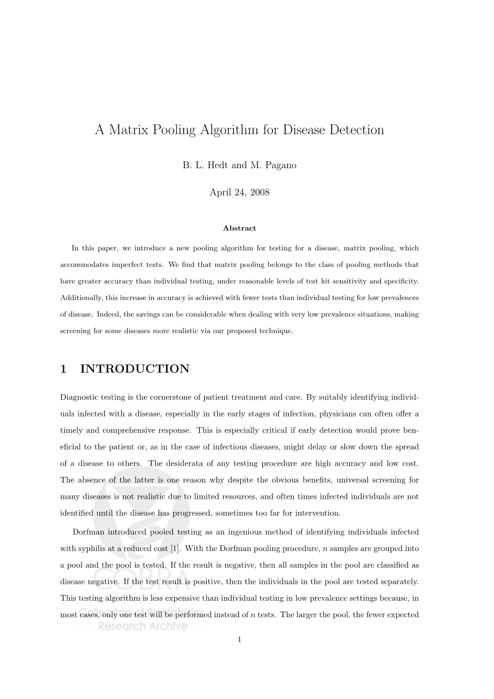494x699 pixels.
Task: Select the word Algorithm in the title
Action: click(227, 130)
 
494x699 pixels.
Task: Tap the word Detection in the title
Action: click(355, 130)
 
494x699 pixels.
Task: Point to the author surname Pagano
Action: click(279, 165)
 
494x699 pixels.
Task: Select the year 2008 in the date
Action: click(259, 192)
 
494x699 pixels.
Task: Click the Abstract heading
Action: click(239, 228)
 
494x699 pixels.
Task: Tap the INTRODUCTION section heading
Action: click(135, 369)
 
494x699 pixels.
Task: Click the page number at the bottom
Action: click(239, 639)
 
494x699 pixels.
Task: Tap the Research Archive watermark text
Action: click(143, 626)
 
